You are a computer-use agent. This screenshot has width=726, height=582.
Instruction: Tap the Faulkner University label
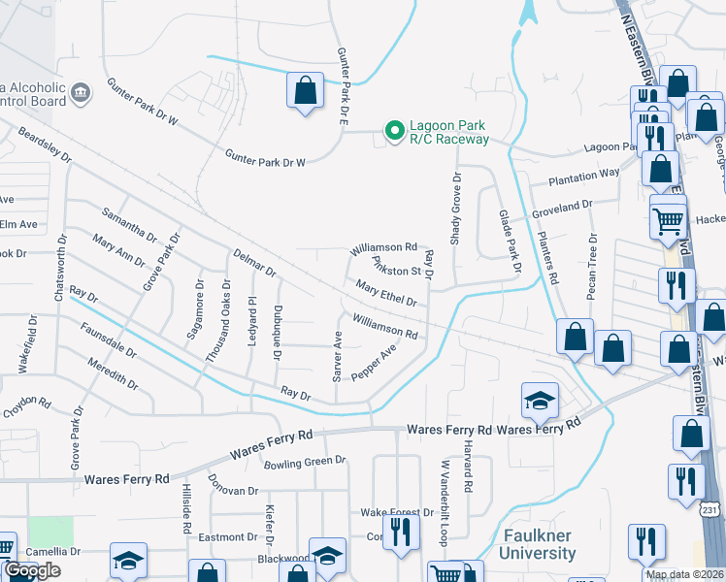[x=537, y=544]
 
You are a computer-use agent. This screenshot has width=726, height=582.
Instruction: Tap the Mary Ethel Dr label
[x=386, y=294]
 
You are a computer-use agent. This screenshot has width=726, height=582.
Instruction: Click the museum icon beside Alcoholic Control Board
[x=80, y=93]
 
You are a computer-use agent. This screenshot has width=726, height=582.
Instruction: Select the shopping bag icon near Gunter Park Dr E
[x=305, y=90]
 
